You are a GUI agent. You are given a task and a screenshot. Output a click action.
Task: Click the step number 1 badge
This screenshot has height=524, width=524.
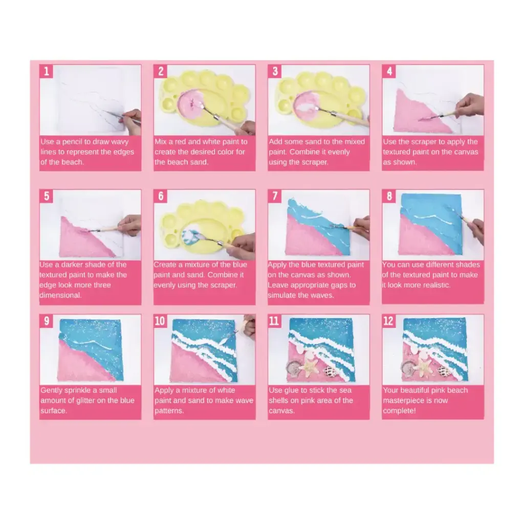pos(46,72)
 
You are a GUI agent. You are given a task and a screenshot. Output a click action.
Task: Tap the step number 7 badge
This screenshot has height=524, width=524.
pos(275,196)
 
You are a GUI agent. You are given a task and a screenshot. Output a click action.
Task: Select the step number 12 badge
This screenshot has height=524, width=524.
pos(388,321)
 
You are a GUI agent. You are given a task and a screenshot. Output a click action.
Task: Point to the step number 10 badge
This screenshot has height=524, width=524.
pos(160,321)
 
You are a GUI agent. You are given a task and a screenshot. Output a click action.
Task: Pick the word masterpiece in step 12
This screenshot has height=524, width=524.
pos(415,400)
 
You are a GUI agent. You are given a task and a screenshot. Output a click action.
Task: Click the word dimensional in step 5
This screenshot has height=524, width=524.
pos(60,295)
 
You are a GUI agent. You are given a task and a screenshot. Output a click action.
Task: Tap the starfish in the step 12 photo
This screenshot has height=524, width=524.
pos(423,366)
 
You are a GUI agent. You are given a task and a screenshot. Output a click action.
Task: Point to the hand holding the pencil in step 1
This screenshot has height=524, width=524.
pos(132,121)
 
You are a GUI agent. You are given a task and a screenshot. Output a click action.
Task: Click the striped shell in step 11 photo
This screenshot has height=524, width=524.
pos(330,370)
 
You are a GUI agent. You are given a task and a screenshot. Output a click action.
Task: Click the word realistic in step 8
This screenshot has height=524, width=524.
pos(436,285)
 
